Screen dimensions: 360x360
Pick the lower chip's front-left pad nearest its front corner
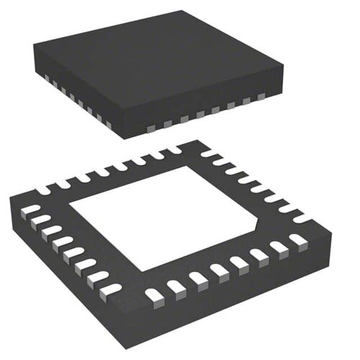pos(111,289)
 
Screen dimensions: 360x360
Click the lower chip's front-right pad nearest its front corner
pos(153,294)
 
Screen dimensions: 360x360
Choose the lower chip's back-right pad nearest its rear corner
pos(207,153)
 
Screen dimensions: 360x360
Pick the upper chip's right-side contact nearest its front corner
pos(150,127)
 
